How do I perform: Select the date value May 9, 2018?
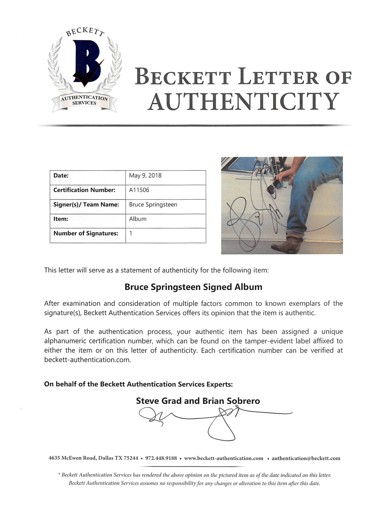click(x=145, y=175)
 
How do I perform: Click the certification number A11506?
click(x=139, y=190)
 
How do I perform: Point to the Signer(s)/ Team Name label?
click(x=86, y=205)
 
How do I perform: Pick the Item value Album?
click(x=138, y=219)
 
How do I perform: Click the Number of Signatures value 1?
click(x=131, y=233)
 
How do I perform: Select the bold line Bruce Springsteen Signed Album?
click(x=193, y=287)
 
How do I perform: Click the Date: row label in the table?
click(x=61, y=175)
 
